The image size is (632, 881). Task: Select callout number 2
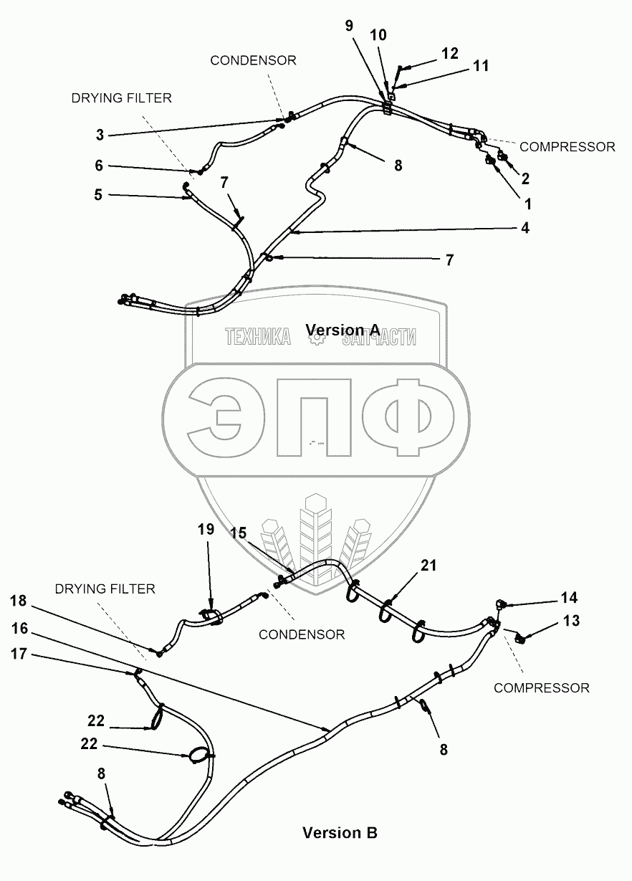click(x=525, y=178)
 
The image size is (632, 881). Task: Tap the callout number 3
click(x=100, y=134)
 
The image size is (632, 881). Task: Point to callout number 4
click(x=525, y=228)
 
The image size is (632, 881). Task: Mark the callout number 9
click(x=349, y=27)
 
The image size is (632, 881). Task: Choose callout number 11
click(x=481, y=66)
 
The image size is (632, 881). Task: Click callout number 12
click(x=449, y=53)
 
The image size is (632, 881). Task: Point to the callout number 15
click(x=239, y=533)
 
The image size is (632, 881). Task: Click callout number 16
click(x=19, y=628)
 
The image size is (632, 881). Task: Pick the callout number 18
click(x=19, y=600)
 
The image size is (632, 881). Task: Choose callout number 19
click(x=206, y=530)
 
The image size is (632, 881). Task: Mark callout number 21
click(x=428, y=566)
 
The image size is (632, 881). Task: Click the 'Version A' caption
click(x=343, y=329)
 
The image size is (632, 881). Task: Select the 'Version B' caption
click(x=340, y=832)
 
